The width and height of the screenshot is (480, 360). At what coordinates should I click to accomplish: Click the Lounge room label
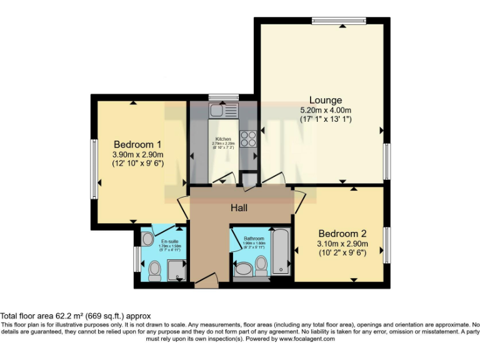point(326,100)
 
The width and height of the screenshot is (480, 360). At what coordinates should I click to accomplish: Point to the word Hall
point(241,207)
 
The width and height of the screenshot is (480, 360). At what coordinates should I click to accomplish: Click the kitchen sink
point(223,111)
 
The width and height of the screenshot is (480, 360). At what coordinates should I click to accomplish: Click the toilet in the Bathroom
point(261,265)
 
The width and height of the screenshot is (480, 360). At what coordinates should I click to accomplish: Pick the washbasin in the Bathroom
point(242,269)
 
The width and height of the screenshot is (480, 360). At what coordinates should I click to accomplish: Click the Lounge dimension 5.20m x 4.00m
point(326,111)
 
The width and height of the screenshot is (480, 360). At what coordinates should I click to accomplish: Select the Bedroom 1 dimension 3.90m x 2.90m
point(137,154)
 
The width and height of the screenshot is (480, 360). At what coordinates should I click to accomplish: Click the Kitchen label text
point(223,139)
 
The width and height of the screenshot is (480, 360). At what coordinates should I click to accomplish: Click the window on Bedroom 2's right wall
point(387,244)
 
